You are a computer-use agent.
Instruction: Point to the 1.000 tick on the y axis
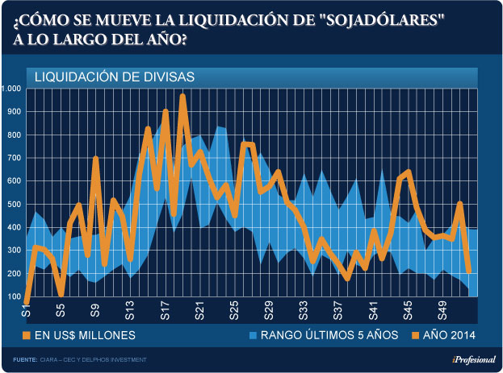[x=14, y=89]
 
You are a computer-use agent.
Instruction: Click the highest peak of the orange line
[x=183, y=97]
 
